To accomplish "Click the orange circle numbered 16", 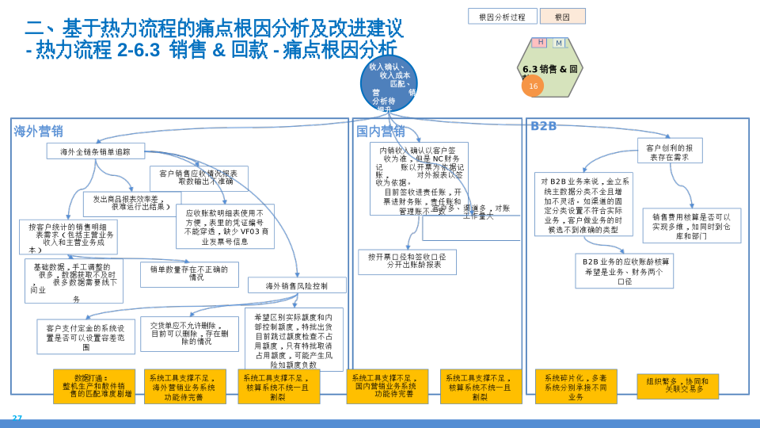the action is [533, 86].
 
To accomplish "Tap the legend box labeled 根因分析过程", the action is [502, 17].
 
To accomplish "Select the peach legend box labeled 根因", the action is [562, 17].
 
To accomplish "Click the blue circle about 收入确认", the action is [389, 83].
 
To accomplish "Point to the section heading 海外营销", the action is [38, 131].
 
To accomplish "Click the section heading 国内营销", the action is [380, 131].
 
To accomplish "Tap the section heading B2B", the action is [544, 127].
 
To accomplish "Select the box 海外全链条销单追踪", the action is [95, 151].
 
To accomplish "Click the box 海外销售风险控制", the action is [296, 285].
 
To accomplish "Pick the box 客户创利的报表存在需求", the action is [669, 151].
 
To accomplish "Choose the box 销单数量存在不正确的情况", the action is [189, 274].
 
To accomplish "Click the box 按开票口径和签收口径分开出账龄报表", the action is [407, 262].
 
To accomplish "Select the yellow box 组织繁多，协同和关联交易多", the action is [677, 386].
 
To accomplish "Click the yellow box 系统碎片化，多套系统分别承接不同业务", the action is [576, 387].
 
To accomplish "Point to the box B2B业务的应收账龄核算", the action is [625, 271].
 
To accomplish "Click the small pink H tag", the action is [541, 42].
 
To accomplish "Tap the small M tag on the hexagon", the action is [559, 43].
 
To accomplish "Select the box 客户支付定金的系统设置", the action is [85, 337].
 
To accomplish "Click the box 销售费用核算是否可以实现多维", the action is [691, 226].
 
